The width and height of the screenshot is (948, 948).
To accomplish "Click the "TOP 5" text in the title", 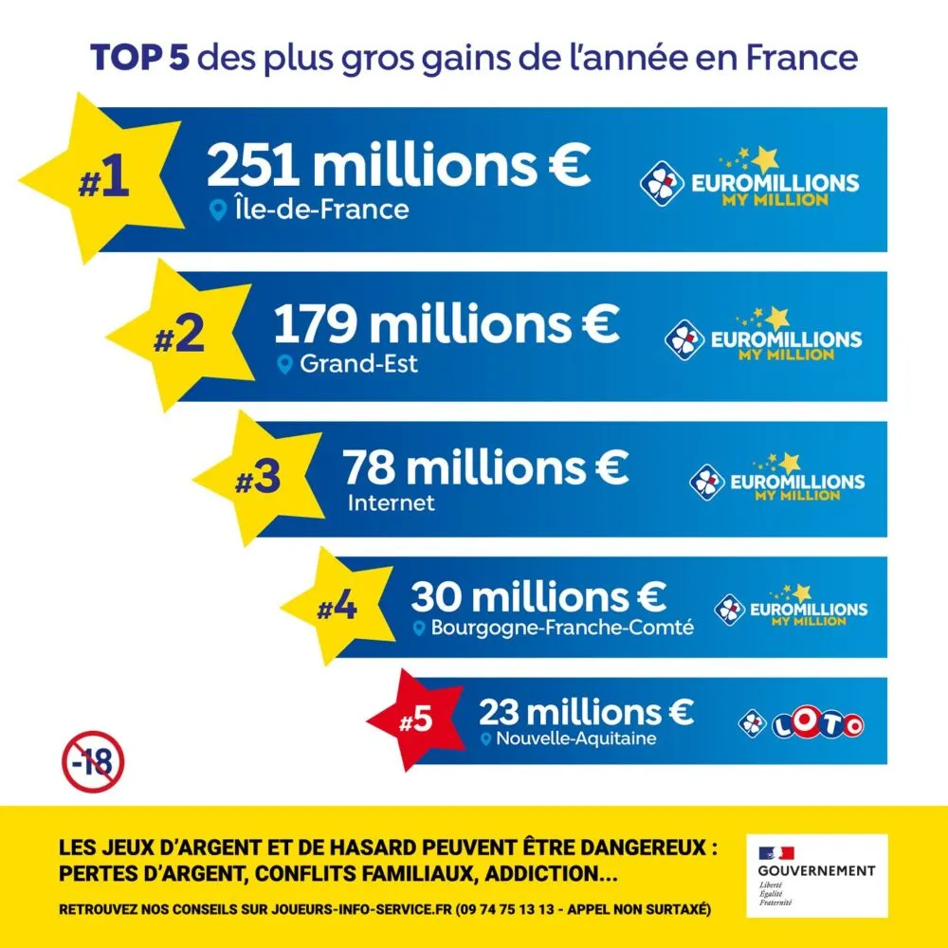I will pyautogui.click(x=139, y=58).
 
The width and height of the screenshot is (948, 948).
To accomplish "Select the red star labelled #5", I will pyautogui.click(x=415, y=720).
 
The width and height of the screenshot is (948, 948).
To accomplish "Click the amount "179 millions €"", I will pyautogui.click(x=446, y=324).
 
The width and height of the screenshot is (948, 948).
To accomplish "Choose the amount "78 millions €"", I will pyautogui.click(x=485, y=467).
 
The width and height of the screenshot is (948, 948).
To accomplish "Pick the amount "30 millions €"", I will pyautogui.click(x=538, y=597).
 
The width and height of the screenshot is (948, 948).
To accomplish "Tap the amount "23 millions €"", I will pyautogui.click(x=586, y=711).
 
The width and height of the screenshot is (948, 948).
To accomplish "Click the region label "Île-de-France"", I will pyautogui.click(x=320, y=209).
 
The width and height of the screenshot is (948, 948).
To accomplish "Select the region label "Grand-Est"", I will pyautogui.click(x=358, y=364).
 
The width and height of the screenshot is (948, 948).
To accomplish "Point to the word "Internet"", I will pyautogui.click(x=391, y=502).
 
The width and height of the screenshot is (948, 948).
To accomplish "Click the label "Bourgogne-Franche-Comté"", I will pyautogui.click(x=562, y=628).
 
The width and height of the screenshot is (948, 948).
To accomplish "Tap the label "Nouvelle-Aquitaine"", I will pyautogui.click(x=576, y=739).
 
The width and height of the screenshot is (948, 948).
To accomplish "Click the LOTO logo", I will pyautogui.click(x=801, y=725).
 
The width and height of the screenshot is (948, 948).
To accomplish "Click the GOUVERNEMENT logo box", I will pyautogui.click(x=816, y=875).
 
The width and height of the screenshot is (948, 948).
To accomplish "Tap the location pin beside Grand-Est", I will pyautogui.click(x=284, y=364).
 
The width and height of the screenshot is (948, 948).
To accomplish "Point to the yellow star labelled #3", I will pyautogui.click(x=257, y=479).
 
